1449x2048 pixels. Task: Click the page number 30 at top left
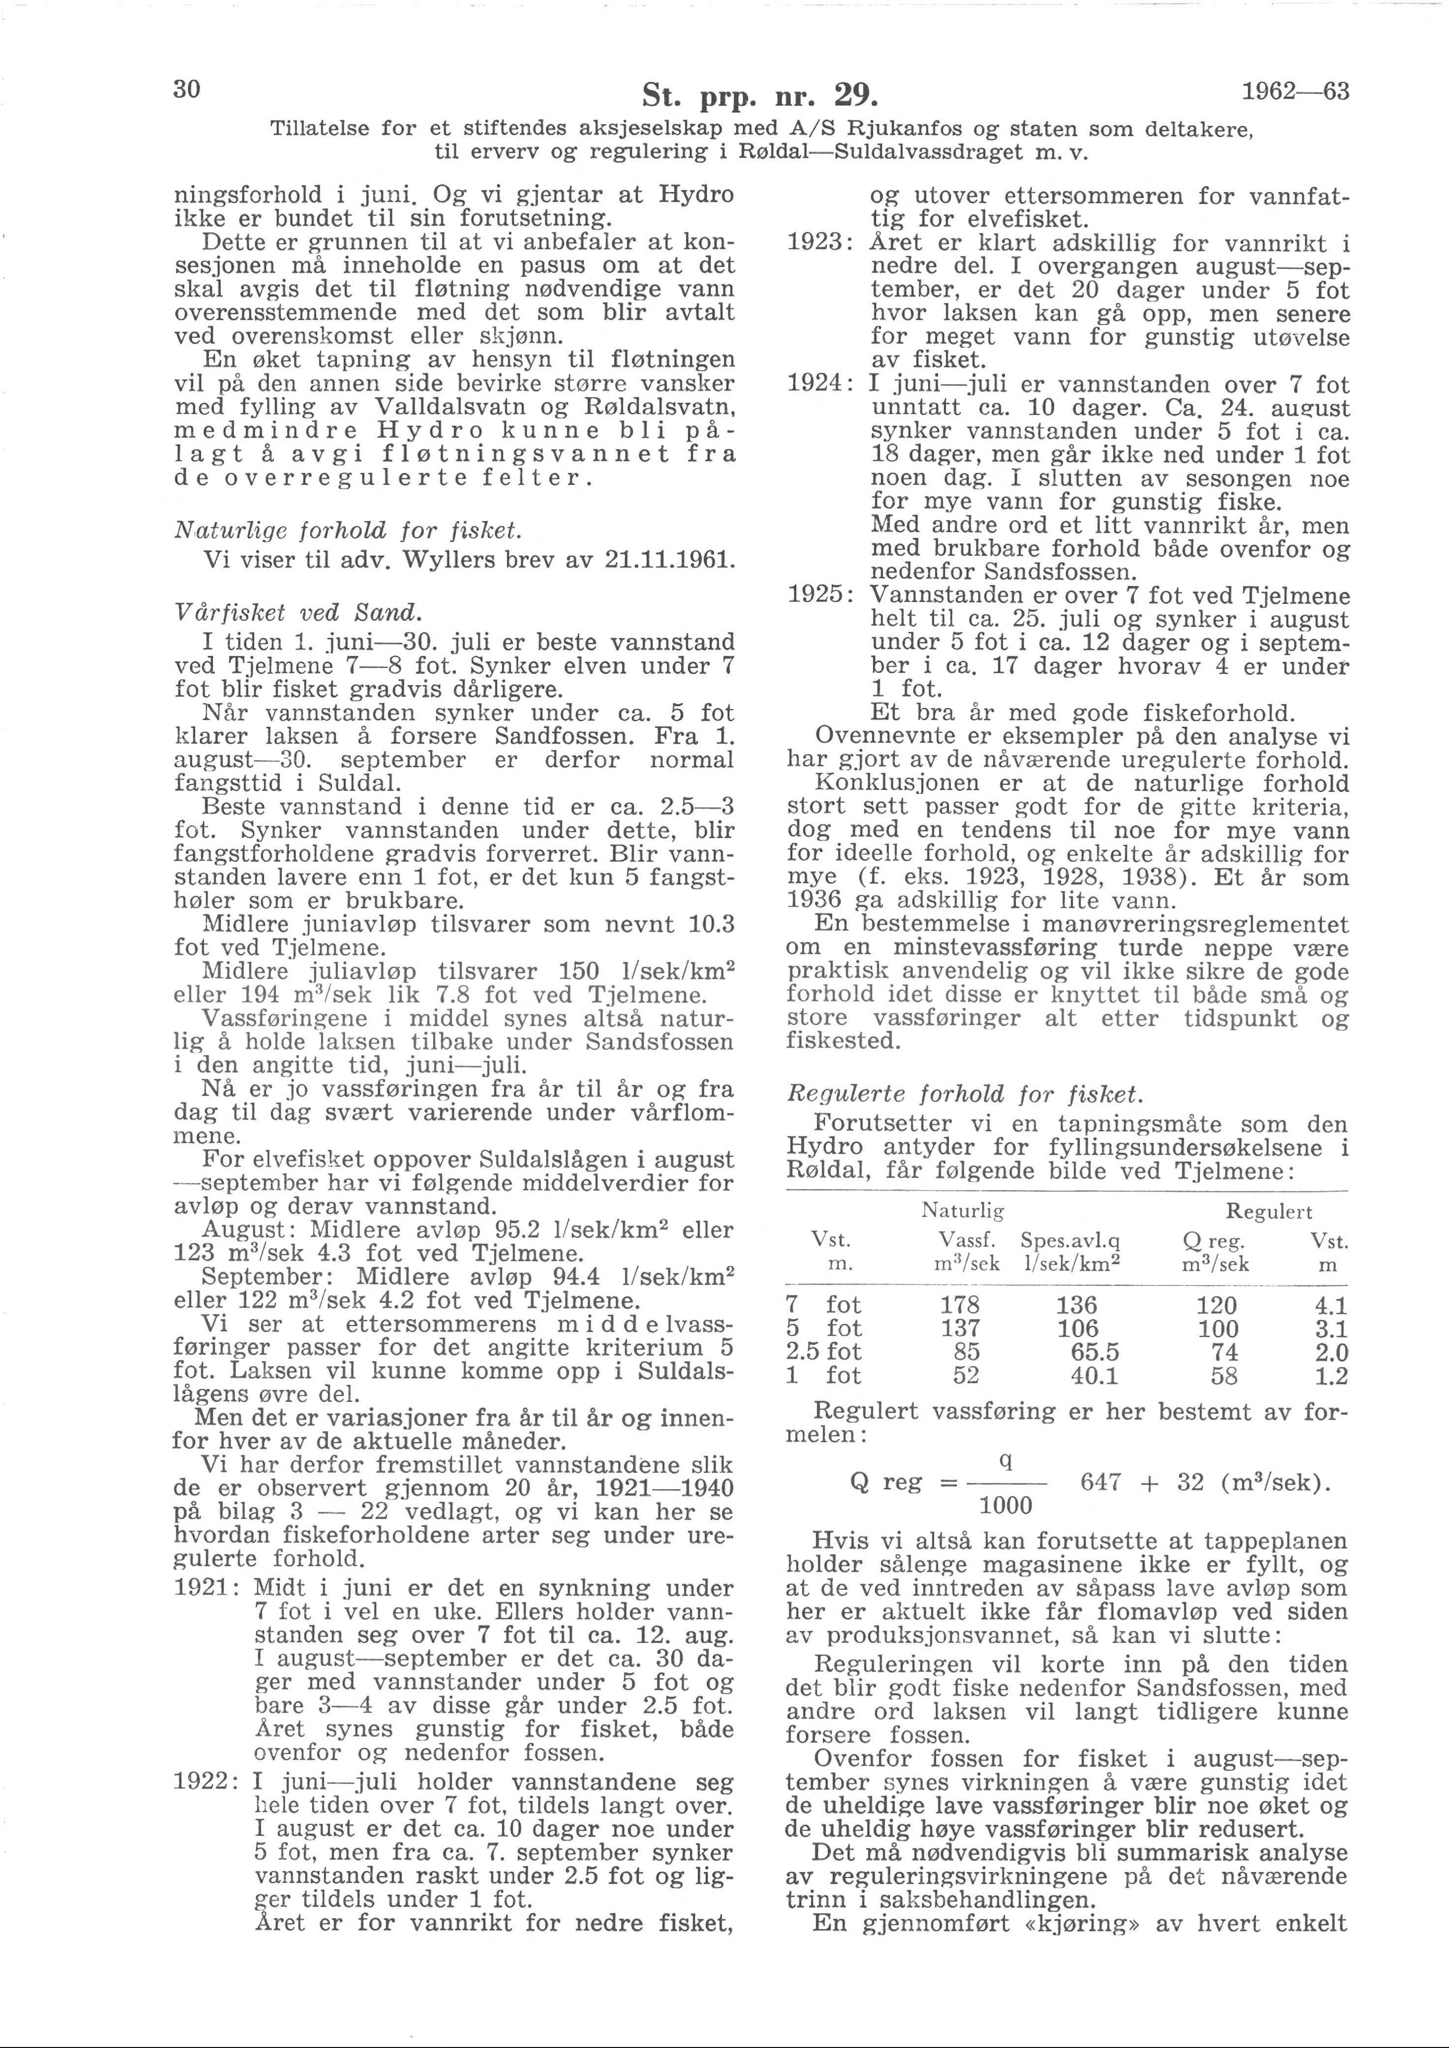click(188, 89)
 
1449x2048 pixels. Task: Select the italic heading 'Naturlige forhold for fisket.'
click(349, 531)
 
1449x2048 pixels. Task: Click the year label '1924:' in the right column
click(822, 385)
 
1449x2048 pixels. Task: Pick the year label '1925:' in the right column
click(822, 595)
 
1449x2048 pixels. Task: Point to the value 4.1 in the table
click(1328, 1306)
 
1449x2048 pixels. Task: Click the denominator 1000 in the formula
click(1006, 1506)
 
